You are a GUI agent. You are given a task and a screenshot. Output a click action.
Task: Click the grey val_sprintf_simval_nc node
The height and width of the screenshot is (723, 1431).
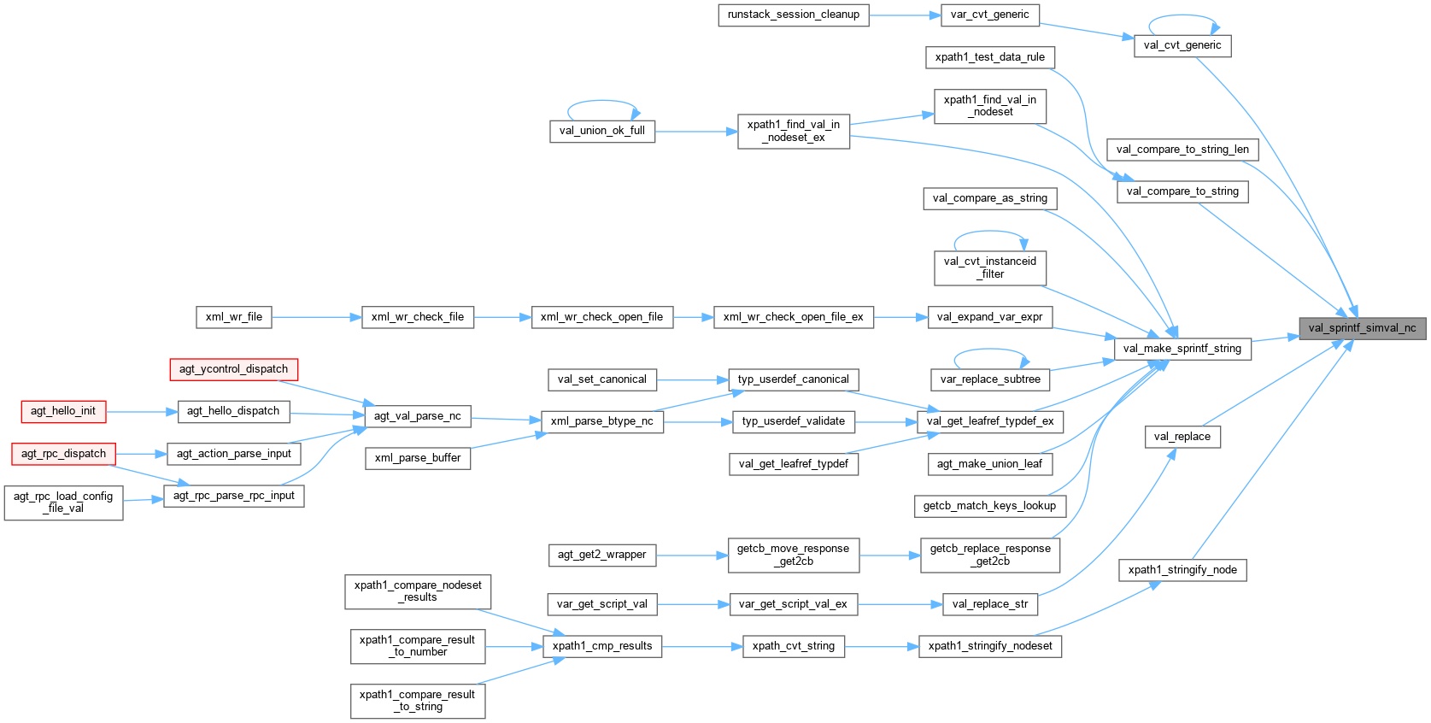(x=1362, y=328)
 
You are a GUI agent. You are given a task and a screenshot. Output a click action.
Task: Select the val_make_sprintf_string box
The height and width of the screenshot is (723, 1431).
(x=1182, y=349)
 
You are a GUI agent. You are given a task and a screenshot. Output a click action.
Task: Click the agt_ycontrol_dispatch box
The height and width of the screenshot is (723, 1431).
(x=233, y=369)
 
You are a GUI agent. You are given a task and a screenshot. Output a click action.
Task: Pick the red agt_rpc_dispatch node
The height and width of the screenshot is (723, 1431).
(x=63, y=454)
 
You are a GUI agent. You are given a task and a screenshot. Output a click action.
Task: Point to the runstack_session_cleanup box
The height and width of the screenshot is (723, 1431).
(x=793, y=15)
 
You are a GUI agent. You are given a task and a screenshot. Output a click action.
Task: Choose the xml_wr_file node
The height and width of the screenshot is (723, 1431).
(x=234, y=317)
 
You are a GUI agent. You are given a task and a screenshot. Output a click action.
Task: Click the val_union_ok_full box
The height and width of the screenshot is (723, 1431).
(x=601, y=131)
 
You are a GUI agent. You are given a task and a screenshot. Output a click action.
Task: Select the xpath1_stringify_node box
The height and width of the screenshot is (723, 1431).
(x=1182, y=570)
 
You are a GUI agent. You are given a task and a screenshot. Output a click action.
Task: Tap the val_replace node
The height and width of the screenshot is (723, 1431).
(x=1182, y=437)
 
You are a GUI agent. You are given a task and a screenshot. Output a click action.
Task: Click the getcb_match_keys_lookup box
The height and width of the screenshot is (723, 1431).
(x=989, y=506)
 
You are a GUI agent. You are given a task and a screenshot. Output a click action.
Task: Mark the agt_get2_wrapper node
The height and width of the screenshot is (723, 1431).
(x=601, y=555)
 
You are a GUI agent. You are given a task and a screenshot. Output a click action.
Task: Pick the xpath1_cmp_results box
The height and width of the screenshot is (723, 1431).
(x=601, y=646)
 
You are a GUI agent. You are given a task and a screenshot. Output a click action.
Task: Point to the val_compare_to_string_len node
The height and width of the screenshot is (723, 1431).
(x=1182, y=150)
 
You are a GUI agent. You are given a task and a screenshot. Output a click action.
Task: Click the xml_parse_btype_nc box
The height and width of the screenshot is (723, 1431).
(x=601, y=421)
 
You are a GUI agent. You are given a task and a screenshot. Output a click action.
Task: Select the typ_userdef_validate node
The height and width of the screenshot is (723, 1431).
(x=793, y=421)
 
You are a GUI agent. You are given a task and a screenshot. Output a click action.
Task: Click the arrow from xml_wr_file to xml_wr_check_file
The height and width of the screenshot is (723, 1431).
(x=316, y=317)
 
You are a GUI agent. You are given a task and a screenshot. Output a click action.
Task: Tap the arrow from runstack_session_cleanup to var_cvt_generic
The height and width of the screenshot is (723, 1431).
(x=905, y=15)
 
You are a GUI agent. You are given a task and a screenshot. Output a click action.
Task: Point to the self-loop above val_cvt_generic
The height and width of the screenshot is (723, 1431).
(x=1183, y=17)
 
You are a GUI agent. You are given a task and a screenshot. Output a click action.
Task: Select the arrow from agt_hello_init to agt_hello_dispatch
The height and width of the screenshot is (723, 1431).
(x=142, y=411)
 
